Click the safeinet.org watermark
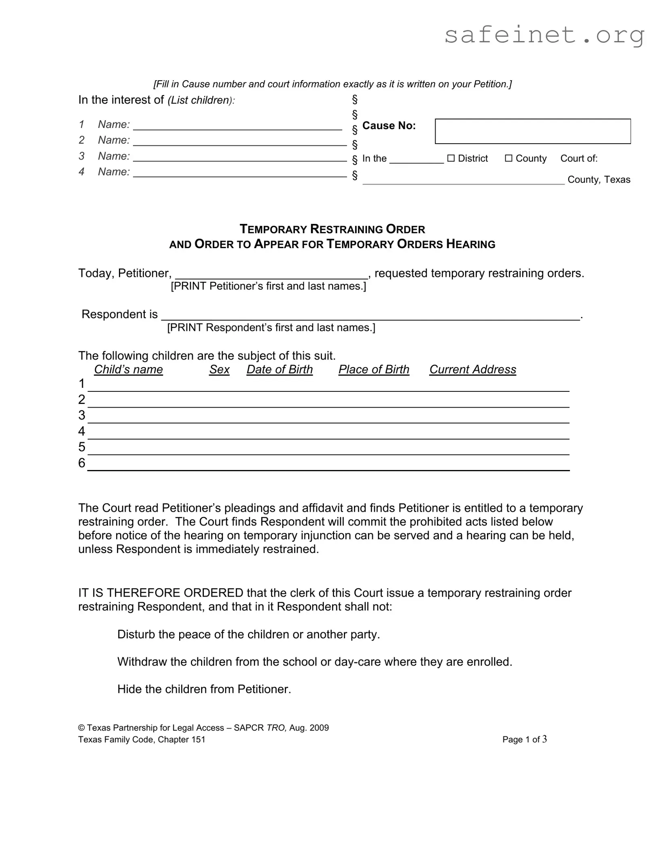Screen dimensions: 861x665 pos(544,35)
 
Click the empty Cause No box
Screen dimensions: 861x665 pos(532,131)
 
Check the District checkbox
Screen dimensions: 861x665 pos(451,158)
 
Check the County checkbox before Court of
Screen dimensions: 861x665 pos(509,158)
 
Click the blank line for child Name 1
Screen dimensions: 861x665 pos(238,126)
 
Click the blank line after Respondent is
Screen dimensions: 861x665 pos(370,316)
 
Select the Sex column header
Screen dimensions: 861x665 pos(219,370)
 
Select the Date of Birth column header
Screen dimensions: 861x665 pos(280,370)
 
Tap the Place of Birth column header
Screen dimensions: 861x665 pos(374,370)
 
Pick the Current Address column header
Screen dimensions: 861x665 pos(472,370)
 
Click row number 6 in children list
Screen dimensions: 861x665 pos(82,463)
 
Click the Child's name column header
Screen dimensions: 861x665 pos(128,370)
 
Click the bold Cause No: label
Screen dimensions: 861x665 pos(389,126)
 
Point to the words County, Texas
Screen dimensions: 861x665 pos(599,180)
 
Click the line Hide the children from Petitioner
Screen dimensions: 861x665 pos(204,689)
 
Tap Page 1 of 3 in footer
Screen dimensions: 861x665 pos(524,740)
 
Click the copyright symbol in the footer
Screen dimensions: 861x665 pos(81,728)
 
